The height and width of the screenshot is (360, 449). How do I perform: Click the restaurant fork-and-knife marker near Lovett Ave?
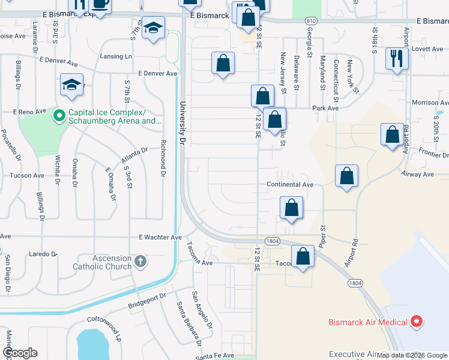click(397, 59)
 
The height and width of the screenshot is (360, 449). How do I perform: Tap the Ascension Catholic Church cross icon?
click(140, 262)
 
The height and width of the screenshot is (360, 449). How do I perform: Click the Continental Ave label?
click(291, 185)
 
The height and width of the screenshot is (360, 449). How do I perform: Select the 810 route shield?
click(310, 20)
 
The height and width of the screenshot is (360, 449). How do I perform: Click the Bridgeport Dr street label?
click(146, 301)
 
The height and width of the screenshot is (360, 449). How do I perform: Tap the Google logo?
click(19, 353)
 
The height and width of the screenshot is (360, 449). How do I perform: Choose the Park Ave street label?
click(325, 108)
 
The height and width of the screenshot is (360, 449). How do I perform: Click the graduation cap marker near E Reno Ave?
click(71, 85)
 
